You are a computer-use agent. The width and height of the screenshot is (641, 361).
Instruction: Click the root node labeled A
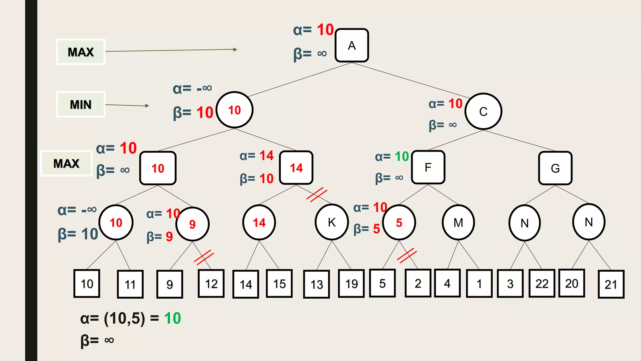(351, 45)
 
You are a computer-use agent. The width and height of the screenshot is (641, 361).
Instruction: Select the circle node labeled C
(483, 112)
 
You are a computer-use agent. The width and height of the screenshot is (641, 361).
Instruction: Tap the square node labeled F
(428, 167)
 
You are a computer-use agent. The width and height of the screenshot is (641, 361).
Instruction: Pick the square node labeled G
(555, 168)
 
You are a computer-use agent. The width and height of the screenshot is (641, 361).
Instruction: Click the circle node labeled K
(331, 222)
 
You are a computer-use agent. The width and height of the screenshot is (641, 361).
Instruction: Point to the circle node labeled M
(458, 223)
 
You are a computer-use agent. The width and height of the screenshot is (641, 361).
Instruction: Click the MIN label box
(80, 104)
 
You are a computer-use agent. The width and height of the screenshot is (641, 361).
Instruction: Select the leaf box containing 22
(542, 283)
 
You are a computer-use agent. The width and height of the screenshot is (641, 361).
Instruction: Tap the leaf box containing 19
(351, 284)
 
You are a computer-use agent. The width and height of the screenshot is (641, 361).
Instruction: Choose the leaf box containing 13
(316, 284)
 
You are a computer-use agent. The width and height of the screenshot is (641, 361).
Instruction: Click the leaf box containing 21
(611, 284)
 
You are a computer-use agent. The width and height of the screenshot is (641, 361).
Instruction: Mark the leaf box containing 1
(479, 284)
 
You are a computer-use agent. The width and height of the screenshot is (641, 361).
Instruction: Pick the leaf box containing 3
(510, 284)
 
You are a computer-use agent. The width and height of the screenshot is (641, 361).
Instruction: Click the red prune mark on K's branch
(317, 195)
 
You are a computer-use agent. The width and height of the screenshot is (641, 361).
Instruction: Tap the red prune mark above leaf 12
(204, 257)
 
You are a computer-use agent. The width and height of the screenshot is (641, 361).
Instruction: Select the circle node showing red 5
(399, 222)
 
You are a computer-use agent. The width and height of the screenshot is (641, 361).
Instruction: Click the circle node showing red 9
(192, 224)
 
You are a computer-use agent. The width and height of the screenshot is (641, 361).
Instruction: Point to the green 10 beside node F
(402, 156)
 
